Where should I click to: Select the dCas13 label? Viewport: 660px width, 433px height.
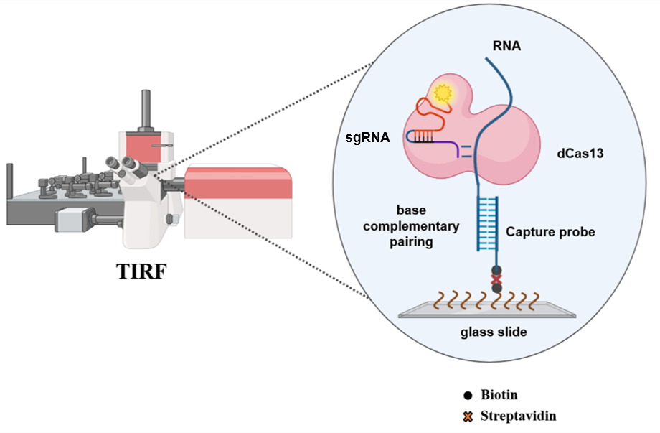pyautogui.click(x=578, y=153)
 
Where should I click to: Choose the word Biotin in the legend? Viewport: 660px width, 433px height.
pyautogui.click(x=499, y=394)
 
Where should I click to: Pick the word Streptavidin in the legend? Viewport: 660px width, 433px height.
pyautogui.click(x=518, y=415)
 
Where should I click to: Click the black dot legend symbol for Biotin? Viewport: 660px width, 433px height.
pyautogui.click(x=468, y=395)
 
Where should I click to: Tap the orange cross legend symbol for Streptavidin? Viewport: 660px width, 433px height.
pyautogui.click(x=468, y=416)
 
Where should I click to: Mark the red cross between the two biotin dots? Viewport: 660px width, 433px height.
pyautogui.click(x=495, y=279)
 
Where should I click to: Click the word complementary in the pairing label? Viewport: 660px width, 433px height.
pyautogui.click(x=428, y=227)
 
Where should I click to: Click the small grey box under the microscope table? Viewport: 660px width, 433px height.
pyautogui.click(x=74, y=219)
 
